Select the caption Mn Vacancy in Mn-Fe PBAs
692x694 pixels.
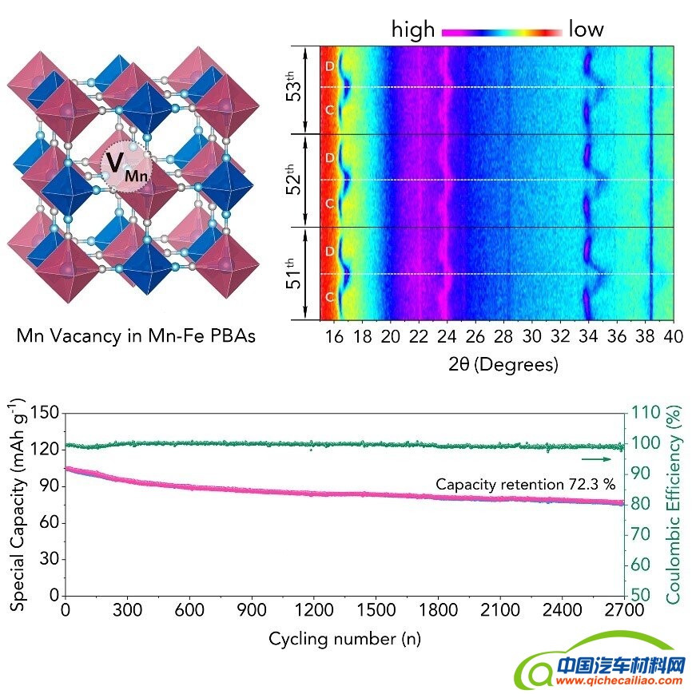(x=137, y=336)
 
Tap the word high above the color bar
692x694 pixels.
(x=412, y=30)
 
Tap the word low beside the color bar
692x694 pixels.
(x=586, y=30)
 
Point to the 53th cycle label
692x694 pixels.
(x=294, y=87)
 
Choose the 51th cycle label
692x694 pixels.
(x=294, y=273)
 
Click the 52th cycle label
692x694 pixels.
(x=294, y=180)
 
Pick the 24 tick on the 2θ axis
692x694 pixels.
(x=447, y=337)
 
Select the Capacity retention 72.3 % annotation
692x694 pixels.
(x=525, y=484)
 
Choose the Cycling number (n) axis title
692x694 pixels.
(x=344, y=639)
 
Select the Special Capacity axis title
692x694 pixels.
(x=18, y=504)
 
